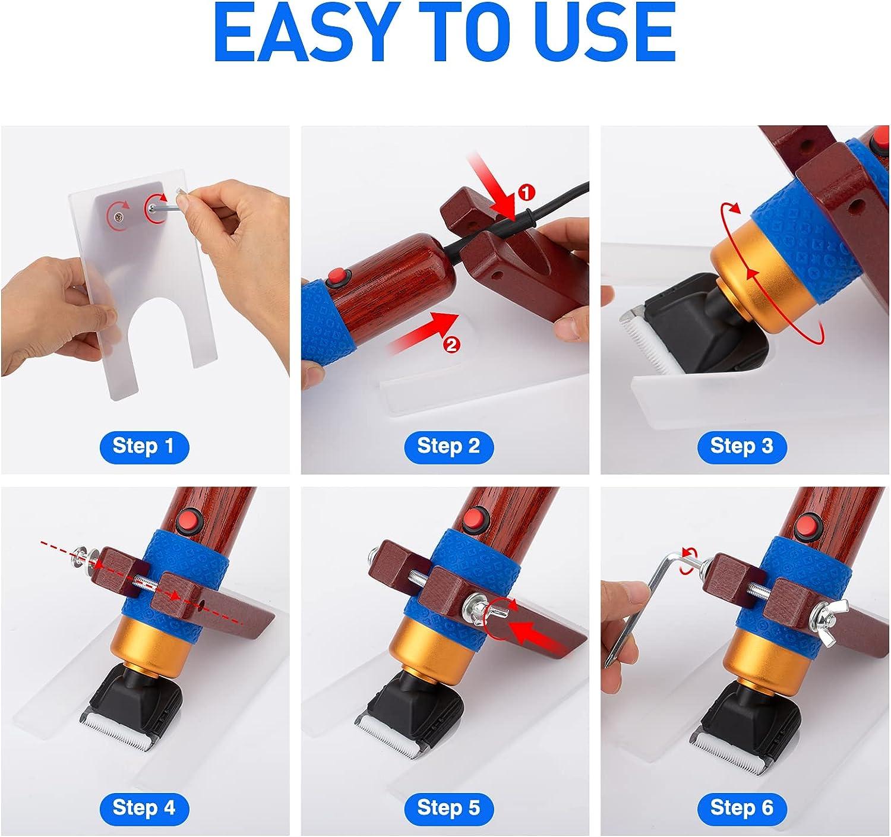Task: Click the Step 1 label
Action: click(143, 446)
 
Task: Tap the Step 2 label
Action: click(448, 446)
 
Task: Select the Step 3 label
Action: click(741, 446)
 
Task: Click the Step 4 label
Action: click(143, 807)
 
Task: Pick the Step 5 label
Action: click(448, 807)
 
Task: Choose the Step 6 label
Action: click(741, 807)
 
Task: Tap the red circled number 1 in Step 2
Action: click(526, 192)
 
